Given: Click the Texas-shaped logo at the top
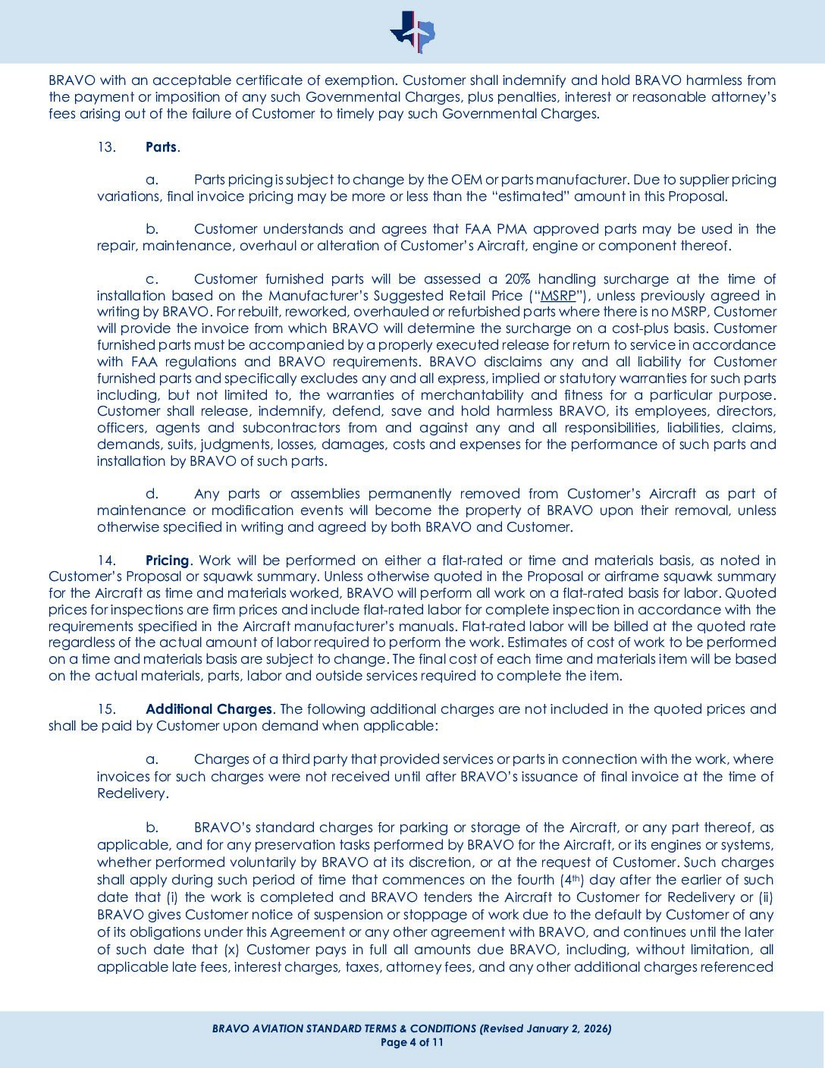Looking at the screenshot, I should click(x=412, y=32).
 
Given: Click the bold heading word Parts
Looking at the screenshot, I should click(x=161, y=147).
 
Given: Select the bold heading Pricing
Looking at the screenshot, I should click(x=167, y=561).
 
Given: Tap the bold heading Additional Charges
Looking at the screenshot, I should click(x=208, y=709).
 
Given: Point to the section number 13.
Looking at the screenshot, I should click(x=106, y=147).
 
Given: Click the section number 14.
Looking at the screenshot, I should click(x=106, y=561).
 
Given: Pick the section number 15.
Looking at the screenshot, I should click(x=106, y=709).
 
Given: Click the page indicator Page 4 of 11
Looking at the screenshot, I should click(x=412, y=1042).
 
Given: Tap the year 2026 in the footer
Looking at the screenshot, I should click(x=595, y=1029).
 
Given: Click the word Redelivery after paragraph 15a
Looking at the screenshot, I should click(x=131, y=793).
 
